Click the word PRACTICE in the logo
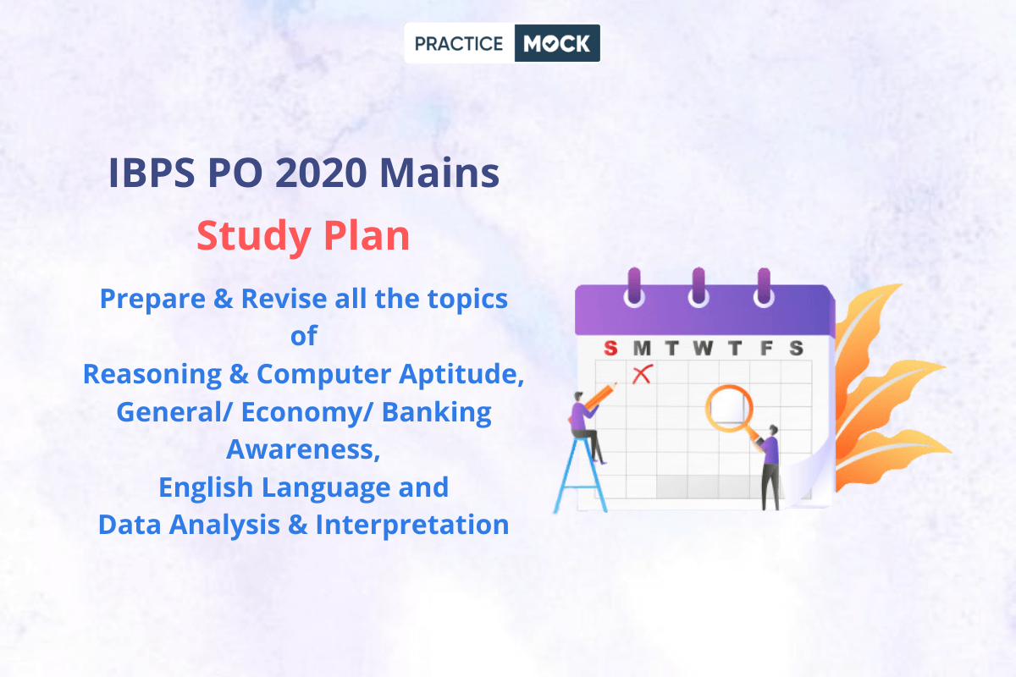459,43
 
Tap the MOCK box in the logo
557,43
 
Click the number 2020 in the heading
321,173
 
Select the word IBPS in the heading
152,173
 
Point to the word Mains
439,173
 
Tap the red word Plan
367,235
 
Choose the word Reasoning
152,375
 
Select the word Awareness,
303,450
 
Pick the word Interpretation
411,525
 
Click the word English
206,488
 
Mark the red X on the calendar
643,374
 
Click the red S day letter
610,349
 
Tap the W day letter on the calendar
703,349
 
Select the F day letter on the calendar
766,349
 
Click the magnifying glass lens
729,408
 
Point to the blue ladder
581,474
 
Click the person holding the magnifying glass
770,467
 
